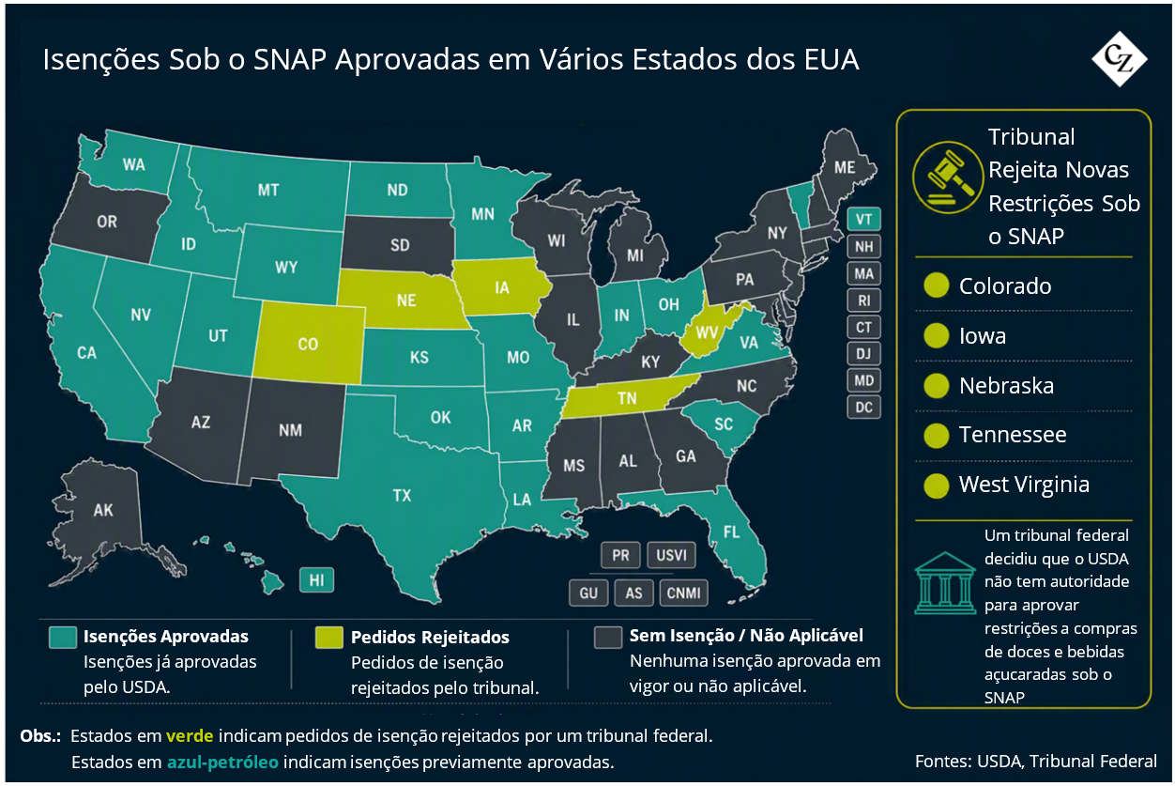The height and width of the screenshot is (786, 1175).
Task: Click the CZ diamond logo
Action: (x=1120, y=59)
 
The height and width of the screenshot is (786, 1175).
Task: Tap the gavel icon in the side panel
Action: (x=948, y=177)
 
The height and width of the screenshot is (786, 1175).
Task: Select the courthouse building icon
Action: (x=945, y=583)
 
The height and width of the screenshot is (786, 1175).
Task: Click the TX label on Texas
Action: (x=403, y=495)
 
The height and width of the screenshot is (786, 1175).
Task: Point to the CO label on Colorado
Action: (x=308, y=345)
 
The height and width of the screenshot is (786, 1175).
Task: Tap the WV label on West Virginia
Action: (x=707, y=332)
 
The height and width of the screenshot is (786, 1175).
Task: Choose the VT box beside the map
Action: (x=863, y=220)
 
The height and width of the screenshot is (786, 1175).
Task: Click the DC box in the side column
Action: (x=863, y=408)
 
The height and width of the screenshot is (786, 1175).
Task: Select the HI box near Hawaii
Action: (x=316, y=580)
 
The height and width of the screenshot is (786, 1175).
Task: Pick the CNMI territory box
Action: (x=683, y=593)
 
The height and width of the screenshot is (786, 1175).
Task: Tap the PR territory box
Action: (x=620, y=555)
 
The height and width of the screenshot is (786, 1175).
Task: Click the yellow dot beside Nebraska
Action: (x=937, y=386)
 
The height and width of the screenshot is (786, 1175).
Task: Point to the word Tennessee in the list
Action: (x=1013, y=435)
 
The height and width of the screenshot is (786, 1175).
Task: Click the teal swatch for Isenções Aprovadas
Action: (x=63, y=638)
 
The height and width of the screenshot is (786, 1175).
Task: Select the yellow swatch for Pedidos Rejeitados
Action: (x=328, y=638)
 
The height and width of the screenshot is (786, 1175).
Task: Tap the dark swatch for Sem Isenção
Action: (x=608, y=638)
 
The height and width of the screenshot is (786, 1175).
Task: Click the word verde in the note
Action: (x=190, y=735)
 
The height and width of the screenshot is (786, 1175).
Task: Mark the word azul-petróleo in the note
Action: (x=222, y=762)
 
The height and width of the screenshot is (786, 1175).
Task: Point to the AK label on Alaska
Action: (x=103, y=510)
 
